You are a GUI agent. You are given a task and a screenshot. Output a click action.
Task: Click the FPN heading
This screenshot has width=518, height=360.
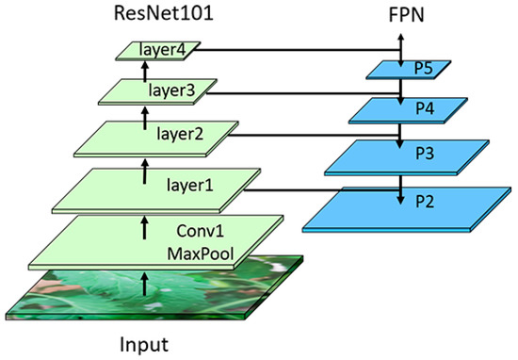coord(402,15)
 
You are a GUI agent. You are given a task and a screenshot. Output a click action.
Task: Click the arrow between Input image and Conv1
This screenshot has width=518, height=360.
coord(144,280)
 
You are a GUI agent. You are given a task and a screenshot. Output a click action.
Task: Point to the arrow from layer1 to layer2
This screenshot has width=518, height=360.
coord(144,173)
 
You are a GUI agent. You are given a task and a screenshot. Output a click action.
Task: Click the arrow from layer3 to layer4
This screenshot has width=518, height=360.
coord(144,73)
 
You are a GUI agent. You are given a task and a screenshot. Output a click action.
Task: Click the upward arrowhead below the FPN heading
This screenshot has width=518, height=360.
coord(402,38)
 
